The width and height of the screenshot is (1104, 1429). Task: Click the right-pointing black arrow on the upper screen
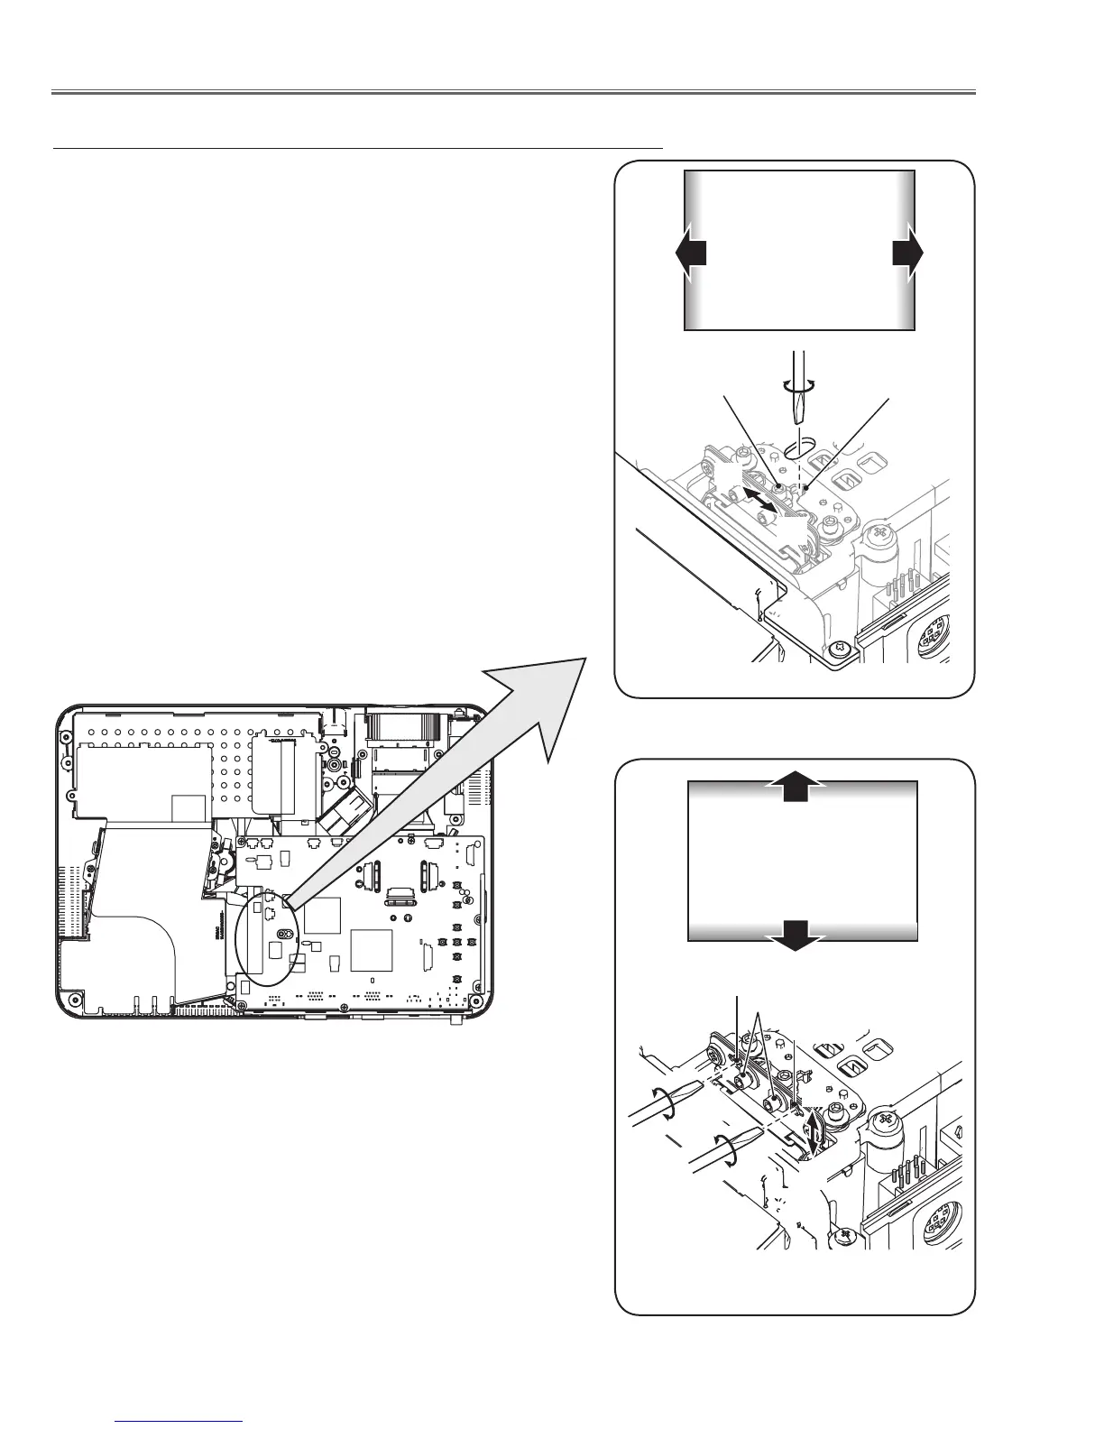coord(908,255)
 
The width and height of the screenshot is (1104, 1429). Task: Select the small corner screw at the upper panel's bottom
coord(839,647)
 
